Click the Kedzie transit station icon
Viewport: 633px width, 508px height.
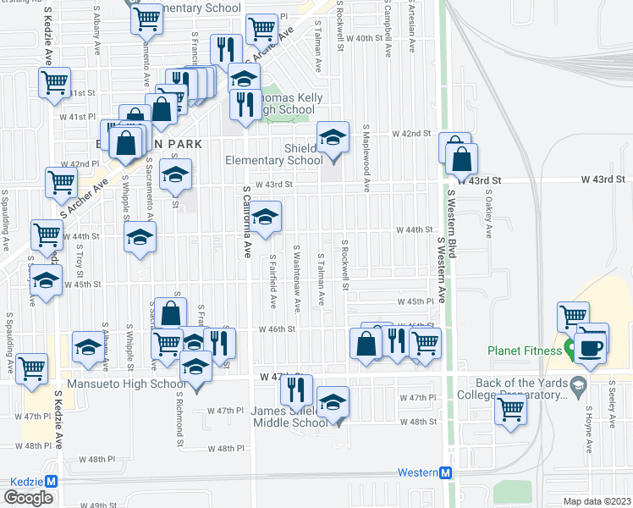click(x=51, y=481)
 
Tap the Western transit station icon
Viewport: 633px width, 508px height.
click(x=446, y=472)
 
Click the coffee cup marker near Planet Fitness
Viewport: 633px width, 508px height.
click(x=590, y=346)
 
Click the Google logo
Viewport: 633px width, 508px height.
click(x=28, y=498)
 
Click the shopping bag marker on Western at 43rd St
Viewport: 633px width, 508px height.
click(x=461, y=158)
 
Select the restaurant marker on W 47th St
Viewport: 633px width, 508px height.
click(x=296, y=389)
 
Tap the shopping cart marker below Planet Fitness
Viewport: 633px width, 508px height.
click(x=510, y=410)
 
